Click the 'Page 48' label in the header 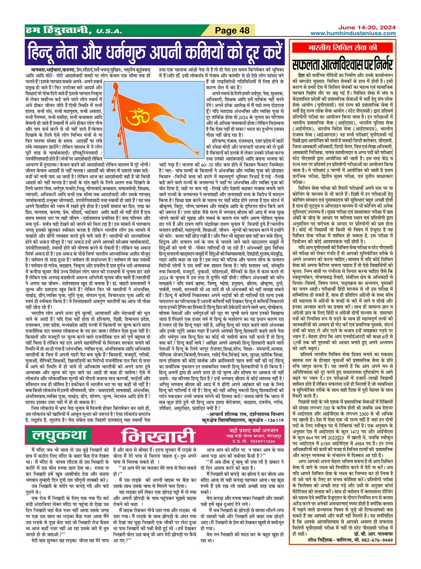pyautogui.click(x=232, y=30)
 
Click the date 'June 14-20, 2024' pyautogui.click(x=366, y=27)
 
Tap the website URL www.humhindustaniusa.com pyautogui.click(x=353, y=33)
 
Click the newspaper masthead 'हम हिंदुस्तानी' pyautogui.click(x=57, y=30)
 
